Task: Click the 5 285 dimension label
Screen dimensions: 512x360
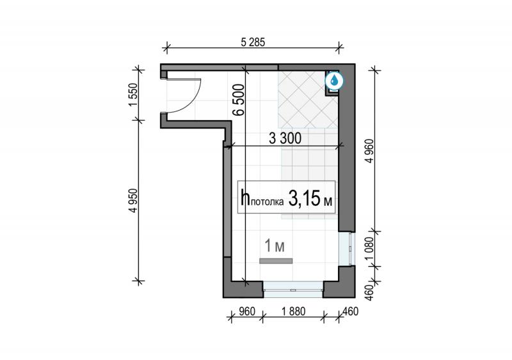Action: [x=253, y=42]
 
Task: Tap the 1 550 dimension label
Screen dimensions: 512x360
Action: [x=134, y=95]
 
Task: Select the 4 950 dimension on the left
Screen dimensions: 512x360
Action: [x=133, y=201]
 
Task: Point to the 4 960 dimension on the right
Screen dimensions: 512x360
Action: [x=370, y=151]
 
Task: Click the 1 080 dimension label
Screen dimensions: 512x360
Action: [x=370, y=249]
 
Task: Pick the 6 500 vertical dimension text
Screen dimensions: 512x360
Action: [x=239, y=100]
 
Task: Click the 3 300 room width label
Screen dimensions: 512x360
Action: [x=285, y=138]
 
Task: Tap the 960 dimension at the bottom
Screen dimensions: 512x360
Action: [x=246, y=311]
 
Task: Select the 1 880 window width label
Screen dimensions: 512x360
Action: [x=293, y=311]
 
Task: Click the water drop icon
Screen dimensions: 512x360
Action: [x=334, y=81]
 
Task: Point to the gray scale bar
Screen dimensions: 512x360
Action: [x=276, y=261]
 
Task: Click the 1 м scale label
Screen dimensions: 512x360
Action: [x=275, y=246]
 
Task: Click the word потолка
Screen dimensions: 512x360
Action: [x=268, y=202]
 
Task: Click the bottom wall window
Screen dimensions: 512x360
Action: [x=293, y=289]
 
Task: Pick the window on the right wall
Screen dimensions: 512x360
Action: [x=346, y=249]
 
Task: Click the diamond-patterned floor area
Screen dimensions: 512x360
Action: [x=308, y=100]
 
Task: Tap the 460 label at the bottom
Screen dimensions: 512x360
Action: [x=351, y=311]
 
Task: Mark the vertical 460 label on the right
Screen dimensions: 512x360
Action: [x=370, y=293]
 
